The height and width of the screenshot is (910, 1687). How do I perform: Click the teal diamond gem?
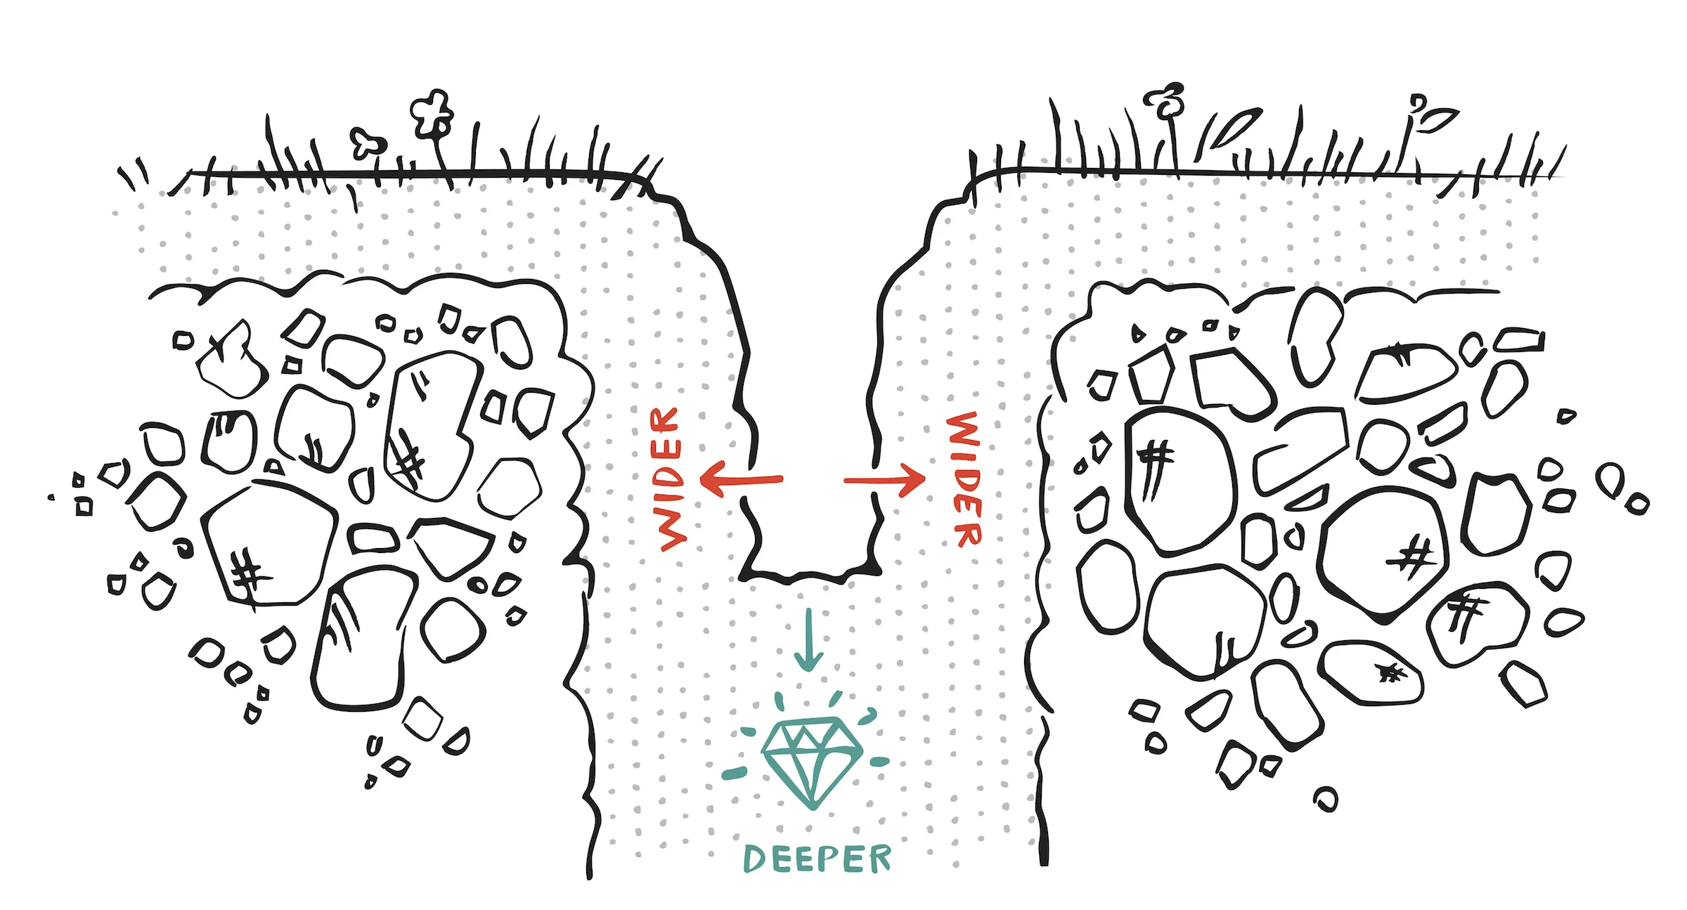[x=812, y=762]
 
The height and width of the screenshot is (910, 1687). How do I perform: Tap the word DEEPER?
[x=817, y=859]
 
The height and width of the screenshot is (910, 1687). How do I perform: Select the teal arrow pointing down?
[x=808, y=639]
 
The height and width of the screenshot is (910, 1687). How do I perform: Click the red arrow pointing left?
[x=742, y=479]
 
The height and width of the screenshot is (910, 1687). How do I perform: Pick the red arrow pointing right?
[x=884, y=481]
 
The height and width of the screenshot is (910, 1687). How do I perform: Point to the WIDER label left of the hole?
[x=667, y=479]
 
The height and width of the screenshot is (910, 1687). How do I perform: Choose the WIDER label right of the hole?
[x=964, y=479]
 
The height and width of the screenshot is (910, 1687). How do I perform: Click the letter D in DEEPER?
[x=754, y=859]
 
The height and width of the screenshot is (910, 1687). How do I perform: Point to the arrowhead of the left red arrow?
[x=711, y=479]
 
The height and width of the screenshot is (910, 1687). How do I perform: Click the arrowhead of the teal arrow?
[x=808, y=661]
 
